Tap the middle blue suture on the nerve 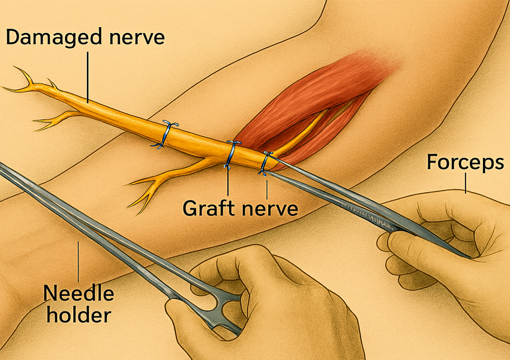point(232,154)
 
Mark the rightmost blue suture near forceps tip point(265,164)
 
